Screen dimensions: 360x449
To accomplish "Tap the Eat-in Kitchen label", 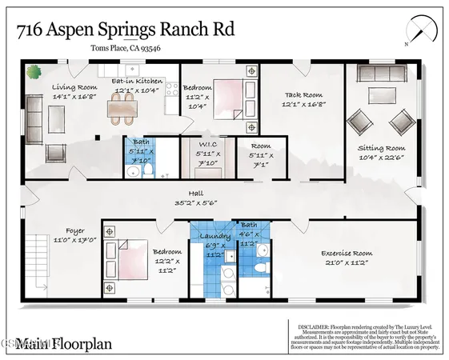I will (x=137, y=82).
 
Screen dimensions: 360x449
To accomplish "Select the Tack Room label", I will (x=303, y=94).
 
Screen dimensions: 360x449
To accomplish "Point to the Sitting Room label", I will (x=379, y=148).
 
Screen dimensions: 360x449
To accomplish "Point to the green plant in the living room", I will (x=34, y=72).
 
